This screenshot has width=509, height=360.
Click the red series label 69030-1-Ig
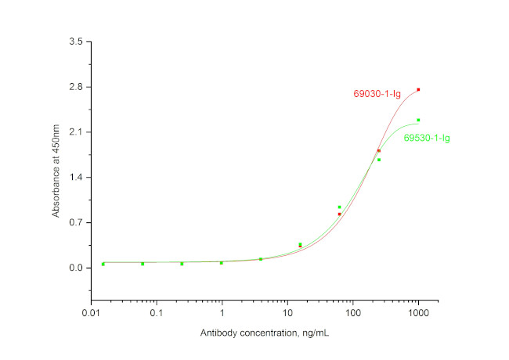click(377, 95)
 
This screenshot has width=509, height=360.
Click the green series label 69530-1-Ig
click(427, 139)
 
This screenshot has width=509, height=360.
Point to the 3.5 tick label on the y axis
click(76, 41)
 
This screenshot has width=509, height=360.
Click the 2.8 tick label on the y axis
click(76, 87)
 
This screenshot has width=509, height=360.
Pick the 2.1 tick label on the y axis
click(76, 132)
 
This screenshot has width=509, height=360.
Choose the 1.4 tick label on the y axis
click(76, 178)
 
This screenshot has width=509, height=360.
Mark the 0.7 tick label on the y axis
click(76, 223)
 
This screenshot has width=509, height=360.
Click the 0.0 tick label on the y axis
click(76, 268)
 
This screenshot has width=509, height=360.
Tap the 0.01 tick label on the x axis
click(91, 314)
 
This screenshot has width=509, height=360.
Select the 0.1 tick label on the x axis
click(157, 314)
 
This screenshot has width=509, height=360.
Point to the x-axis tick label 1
click(222, 314)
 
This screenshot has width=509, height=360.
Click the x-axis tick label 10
click(287, 314)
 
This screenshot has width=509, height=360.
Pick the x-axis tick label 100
click(352, 314)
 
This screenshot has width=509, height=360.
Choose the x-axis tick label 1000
click(418, 314)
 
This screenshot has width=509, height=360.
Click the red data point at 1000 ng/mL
click(418, 90)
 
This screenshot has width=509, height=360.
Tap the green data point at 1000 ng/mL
click(418, 121)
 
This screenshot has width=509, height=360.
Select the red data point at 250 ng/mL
click(379, 151)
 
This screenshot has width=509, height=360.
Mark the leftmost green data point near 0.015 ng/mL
click(103, 265)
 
